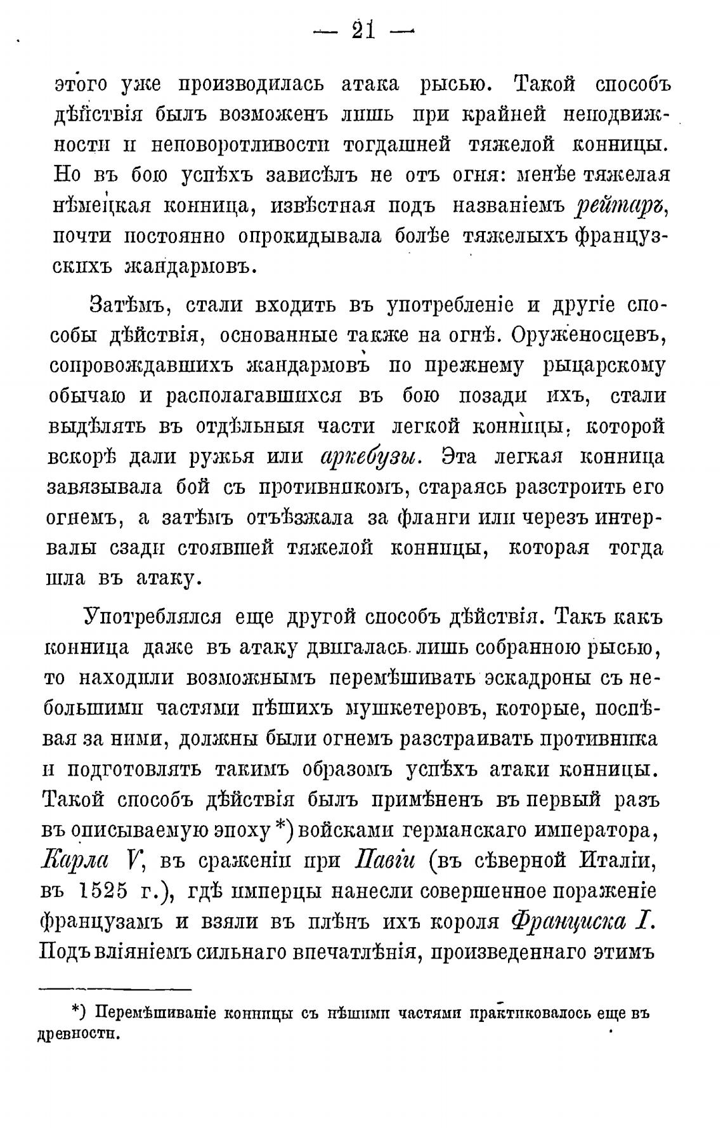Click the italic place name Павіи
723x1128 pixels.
coord(387,861)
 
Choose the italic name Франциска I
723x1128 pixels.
coord(583,922)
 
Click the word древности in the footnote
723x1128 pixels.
coord(79,1033)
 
